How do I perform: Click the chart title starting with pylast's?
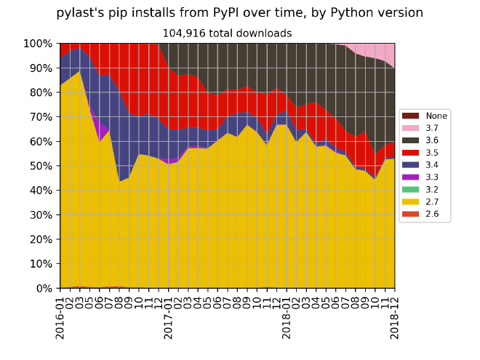coord(239,13)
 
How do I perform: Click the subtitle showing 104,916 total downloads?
coord(226,33)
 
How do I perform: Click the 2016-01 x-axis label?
coord(60,313)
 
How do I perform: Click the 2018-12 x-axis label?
coord(393,313)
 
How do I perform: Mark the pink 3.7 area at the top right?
coord(385,52)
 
